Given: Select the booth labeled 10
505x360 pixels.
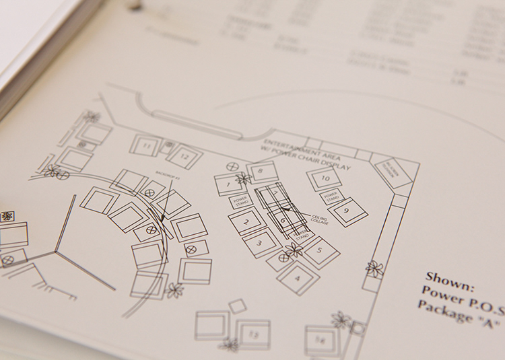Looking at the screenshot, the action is coord(324,178).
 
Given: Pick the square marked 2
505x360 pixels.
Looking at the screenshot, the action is coord(246,221).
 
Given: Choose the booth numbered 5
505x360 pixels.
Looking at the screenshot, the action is coord(319,252).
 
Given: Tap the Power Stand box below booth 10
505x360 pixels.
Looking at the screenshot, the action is coord(333,196).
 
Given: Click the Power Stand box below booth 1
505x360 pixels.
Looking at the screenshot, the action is coord(241,201).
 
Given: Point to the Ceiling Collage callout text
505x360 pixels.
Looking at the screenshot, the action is coord(318,217).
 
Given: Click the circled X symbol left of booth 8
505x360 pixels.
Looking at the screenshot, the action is coord(235,166).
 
